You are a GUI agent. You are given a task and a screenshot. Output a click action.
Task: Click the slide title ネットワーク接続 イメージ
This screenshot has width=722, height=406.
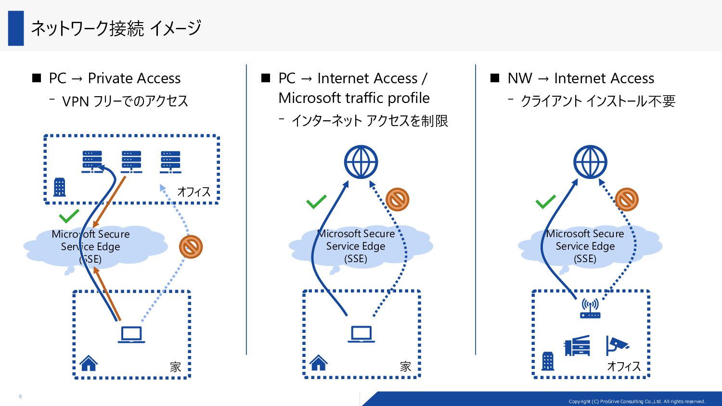pyautogui.click(x=116, y=28)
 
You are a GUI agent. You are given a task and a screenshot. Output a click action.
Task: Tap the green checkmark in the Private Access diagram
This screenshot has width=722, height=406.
pyautogui.click(x=69, y=216)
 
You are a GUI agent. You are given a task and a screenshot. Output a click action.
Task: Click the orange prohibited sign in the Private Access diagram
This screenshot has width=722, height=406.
pyautogui.click(x=191, y=247)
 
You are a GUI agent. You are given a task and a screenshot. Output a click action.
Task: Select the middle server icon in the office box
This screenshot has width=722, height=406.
pyautogui.click(x=131, y=162)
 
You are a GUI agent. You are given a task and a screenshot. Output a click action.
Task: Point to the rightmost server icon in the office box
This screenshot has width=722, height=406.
pyautogui.click(x=170, y=162)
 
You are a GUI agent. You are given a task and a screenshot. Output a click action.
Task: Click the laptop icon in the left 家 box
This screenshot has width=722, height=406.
pyautogui.click(x=131, y=335)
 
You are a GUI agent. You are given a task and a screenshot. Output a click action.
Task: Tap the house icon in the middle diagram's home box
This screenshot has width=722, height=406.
pyautogui.click(x=319, y=363)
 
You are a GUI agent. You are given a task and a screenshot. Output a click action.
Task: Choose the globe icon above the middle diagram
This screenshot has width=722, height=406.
pyautogui.click(x=361, y=162)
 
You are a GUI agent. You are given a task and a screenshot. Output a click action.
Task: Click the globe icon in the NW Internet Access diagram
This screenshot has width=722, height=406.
pyautogui.click(x=590, y=162)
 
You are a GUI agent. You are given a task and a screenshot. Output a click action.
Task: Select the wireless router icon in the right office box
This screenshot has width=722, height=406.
pyautogui.click(x=590, y=308)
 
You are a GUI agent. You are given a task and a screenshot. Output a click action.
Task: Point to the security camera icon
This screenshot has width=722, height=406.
pyautogui.click(x=617, y=345)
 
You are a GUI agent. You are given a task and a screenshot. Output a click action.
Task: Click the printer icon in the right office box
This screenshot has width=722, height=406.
pyautogui.click(x=577, y=345)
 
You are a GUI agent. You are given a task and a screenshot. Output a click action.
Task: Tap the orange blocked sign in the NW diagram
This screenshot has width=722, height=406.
pyautogui.click(x=627, y=200)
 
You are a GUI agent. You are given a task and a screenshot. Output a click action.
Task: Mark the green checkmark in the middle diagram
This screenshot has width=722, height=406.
pyautogui.click(x=316, y=202)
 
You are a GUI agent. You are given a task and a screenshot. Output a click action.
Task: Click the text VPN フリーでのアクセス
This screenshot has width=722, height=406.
pyautogui.click(x=125, y=101)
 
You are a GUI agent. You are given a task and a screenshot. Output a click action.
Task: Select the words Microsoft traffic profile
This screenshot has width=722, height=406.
pyautogui.click(x=354, y=98)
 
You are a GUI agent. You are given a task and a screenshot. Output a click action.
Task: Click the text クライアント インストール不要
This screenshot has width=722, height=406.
pyautogui.click(x=598, y=101)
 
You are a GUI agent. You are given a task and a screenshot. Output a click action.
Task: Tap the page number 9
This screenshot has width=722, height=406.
pyautogui.click(x=20, y=396)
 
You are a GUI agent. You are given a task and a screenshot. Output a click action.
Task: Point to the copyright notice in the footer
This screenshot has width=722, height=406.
pyautogui.click(x=637, y=402)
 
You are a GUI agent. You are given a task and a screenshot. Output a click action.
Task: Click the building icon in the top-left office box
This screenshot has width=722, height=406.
pyautogui.click(x=59, y=187)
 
